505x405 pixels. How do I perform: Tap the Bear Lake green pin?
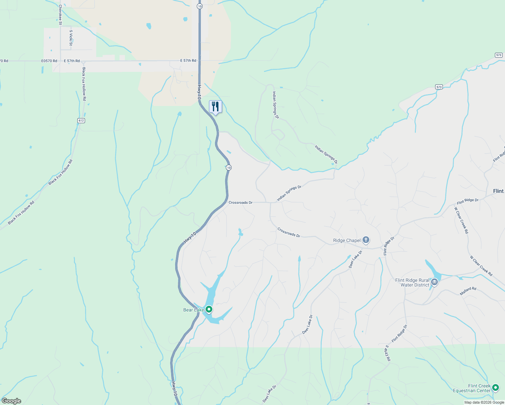pos(209,309)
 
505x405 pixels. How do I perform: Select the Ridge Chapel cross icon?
pos(366,240)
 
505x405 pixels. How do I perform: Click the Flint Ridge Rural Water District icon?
pos(434,282)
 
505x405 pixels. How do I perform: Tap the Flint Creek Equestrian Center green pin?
pos(496,388)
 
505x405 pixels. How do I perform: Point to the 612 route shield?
pos(81,120)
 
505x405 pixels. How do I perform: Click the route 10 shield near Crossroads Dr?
pos(229,168)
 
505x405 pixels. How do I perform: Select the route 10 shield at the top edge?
pos(200,6)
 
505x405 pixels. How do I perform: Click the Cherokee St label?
pos(60,15)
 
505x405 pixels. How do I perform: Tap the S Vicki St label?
pos(71,38)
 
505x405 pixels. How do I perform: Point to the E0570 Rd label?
pos(49,61)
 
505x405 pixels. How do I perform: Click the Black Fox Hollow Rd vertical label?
pos(84,84)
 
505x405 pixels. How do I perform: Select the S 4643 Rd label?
pos(388,353)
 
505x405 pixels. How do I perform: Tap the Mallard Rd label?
pos(468,291)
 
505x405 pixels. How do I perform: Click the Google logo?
pos(11,401)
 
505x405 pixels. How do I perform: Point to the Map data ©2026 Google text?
pos(484,402)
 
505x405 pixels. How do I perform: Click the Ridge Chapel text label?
pos(347,241)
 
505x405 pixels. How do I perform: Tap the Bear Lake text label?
pos(193,310)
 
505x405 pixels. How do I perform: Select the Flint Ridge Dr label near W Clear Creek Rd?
pos(468,201)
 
